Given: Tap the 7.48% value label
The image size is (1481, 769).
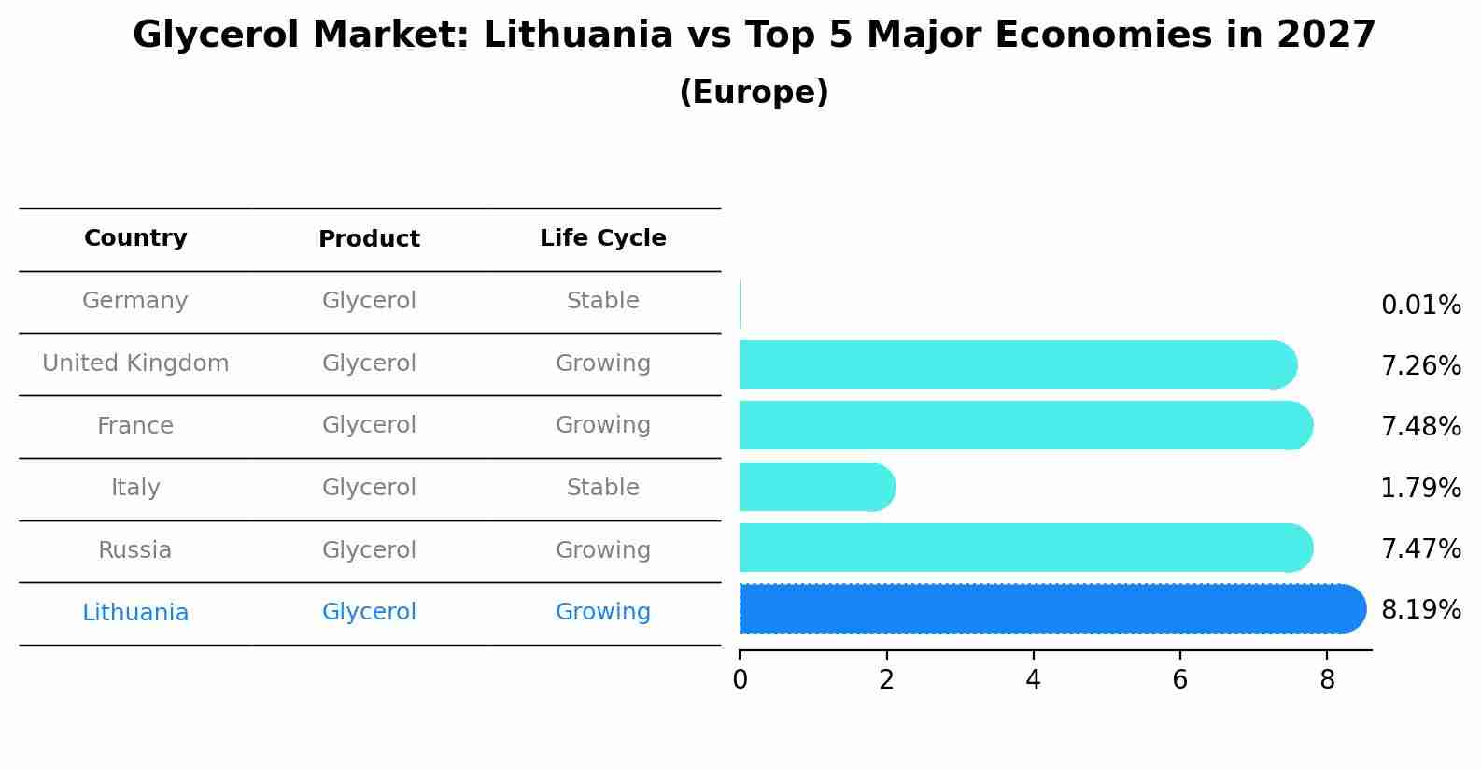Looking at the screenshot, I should coord(1420,427).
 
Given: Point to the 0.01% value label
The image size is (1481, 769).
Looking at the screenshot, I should coord(1420,306).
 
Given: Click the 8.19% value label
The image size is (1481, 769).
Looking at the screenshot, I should coord(1420,610).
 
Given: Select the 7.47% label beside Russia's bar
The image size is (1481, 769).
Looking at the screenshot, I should coord(1420,548).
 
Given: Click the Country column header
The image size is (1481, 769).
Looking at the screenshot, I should coord(135,238).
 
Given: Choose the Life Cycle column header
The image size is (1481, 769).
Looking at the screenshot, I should coord(602,238).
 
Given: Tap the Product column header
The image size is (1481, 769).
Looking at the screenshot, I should coord(369,239).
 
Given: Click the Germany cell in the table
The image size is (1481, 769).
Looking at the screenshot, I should coord(135,301).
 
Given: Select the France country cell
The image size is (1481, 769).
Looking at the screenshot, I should coord(135,426).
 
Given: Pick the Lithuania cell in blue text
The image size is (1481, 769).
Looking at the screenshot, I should coord(135,613).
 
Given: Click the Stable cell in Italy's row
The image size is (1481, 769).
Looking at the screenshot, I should coord(602,488).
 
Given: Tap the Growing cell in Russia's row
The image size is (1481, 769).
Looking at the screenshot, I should coord(602,550).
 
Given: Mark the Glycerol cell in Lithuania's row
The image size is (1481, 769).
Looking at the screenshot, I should coord(369,612).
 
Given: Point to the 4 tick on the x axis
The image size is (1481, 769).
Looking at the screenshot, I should coord(1033,680).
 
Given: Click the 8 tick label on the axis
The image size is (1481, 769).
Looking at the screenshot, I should coord(1327,680).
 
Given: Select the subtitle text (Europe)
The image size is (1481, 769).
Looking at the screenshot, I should coord(754,93).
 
